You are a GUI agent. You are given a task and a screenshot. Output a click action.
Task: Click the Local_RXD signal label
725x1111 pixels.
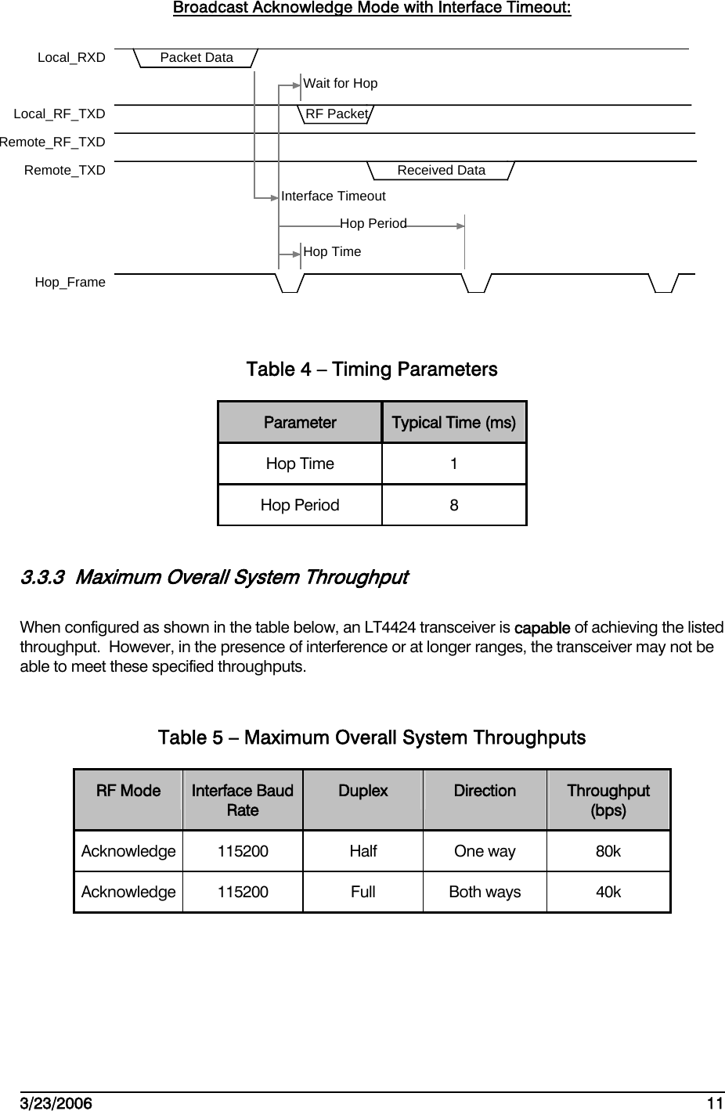click(71, 58)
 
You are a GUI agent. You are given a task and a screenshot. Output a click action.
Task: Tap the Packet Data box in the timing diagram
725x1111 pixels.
click(197, 58)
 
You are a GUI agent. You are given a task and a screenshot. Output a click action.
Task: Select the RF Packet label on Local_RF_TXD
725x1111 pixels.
click(337, 114)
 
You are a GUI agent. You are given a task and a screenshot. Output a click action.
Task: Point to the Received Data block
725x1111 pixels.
click(441, 171)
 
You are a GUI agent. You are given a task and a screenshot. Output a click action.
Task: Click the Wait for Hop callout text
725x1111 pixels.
click(340, 84)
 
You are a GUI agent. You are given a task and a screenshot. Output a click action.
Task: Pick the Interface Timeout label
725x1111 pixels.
click(333, 197)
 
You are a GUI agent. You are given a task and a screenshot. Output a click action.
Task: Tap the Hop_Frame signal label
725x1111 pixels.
click(70, 283)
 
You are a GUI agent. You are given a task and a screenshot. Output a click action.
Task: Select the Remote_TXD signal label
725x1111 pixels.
click(64, 171)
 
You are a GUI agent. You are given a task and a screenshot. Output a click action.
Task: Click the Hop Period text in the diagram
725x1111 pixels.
click(373, 224)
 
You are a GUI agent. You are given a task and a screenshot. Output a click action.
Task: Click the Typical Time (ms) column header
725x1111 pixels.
click(453, 424)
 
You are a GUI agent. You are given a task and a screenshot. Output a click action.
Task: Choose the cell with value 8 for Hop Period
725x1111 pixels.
click(454, 506)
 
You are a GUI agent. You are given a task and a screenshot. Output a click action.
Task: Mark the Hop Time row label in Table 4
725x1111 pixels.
click(300, 464)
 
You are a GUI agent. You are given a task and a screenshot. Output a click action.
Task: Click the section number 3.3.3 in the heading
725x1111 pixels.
click(43, 579)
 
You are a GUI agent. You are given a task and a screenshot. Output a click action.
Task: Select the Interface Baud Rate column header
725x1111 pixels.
click(243, 800)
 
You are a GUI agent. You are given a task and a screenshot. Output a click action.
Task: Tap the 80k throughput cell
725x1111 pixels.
click(608, 852)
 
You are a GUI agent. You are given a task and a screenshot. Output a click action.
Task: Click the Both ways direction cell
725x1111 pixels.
click(485, 893)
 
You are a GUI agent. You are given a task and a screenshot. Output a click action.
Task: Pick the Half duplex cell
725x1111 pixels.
click(363, 852)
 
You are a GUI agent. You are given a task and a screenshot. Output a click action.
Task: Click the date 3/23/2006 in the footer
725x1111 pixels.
click(55, 1104)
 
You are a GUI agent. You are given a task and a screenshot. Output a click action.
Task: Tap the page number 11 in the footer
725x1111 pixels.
click(714, 1104)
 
